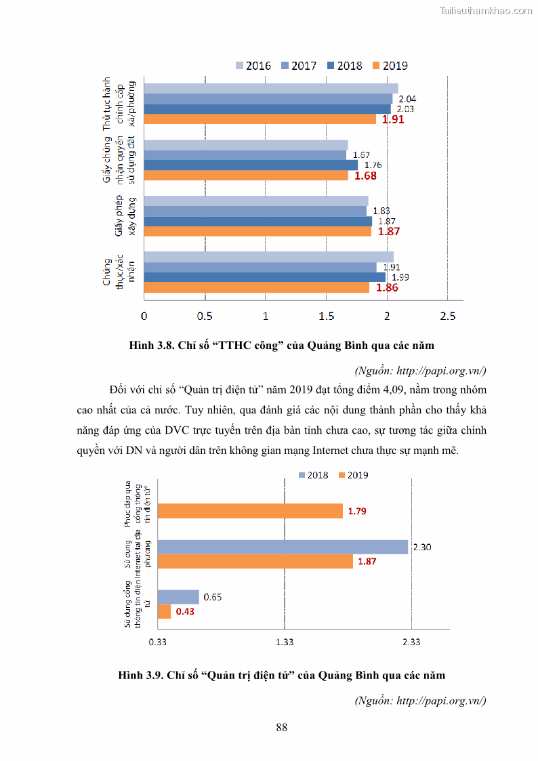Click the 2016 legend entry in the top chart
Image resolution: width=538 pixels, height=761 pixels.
[253, 66]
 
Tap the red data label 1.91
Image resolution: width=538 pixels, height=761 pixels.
[393, 119]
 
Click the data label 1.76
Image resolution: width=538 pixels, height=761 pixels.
[373, 165]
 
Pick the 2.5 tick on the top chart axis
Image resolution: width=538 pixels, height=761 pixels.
[447, 316]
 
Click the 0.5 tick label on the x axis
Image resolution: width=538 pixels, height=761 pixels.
[204, 316]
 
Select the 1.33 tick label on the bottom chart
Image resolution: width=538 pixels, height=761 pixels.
[285, 642]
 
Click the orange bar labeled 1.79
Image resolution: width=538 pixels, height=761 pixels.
[250, 511]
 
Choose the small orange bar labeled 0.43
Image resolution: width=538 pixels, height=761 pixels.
[164, 611]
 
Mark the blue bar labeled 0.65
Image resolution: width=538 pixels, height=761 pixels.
[178, 597]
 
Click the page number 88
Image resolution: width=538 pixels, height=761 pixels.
[282, 728]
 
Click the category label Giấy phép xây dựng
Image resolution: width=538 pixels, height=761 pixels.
[125, 215]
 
